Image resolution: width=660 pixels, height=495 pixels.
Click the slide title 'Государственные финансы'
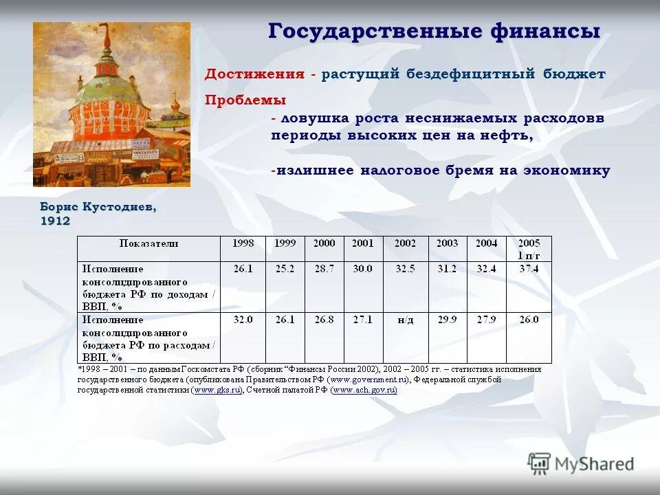434,32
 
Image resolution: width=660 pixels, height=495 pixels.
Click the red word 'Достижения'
254,74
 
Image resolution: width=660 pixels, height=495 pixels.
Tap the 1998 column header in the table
243,243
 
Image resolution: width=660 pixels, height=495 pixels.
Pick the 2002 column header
405,243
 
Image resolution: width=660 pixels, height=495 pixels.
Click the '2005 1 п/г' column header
529,248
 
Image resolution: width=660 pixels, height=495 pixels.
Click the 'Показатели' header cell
148,243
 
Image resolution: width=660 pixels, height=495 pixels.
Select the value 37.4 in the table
529,269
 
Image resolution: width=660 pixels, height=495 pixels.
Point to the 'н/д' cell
405,320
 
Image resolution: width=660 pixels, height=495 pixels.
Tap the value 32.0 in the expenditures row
243,320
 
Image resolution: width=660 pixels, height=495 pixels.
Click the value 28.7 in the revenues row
324,269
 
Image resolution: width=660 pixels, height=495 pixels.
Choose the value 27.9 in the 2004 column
486,320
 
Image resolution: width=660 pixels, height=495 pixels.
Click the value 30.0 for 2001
362,269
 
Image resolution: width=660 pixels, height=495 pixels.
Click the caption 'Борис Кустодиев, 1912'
98,213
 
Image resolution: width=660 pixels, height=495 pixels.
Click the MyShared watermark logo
581,463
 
